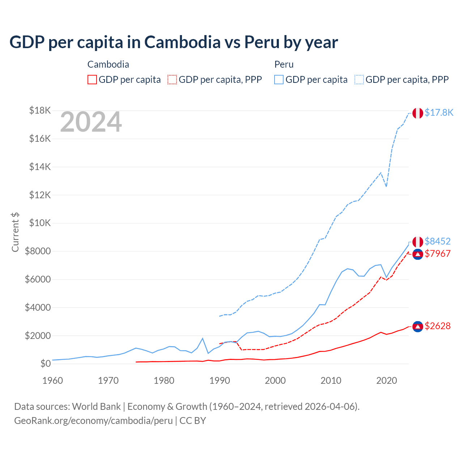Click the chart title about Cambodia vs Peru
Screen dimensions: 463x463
[x=174, y=42]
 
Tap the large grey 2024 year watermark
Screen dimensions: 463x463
[x=91, y=122]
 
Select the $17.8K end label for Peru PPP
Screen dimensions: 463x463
[x=439, y=112]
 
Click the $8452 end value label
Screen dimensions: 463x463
[x=437, y=241]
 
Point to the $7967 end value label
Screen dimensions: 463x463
[x=437, y=254]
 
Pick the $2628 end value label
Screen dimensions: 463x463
[x=437, y=326]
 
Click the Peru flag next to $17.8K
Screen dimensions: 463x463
[x=418, y=113]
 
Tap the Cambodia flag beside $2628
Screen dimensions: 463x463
[x=418, y=326]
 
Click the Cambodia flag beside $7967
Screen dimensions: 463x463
[x=418, y=254]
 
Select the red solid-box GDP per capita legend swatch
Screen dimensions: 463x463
[x=92, y=80]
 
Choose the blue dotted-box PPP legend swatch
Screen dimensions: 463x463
[x=359, y=80]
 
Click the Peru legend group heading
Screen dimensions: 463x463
[x=284, y=64]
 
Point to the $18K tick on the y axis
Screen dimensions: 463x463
[x=40, y=110]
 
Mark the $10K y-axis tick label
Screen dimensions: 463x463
[x=40, y=223]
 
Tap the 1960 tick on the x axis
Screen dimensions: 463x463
[x=53, y=381]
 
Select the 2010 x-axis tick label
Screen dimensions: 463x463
[x=331, y=381]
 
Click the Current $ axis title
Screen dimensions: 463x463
[x=15, y=232]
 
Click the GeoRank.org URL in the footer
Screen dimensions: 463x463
[x=93, y=421]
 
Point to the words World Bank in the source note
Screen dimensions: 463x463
[x=96, y=407]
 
